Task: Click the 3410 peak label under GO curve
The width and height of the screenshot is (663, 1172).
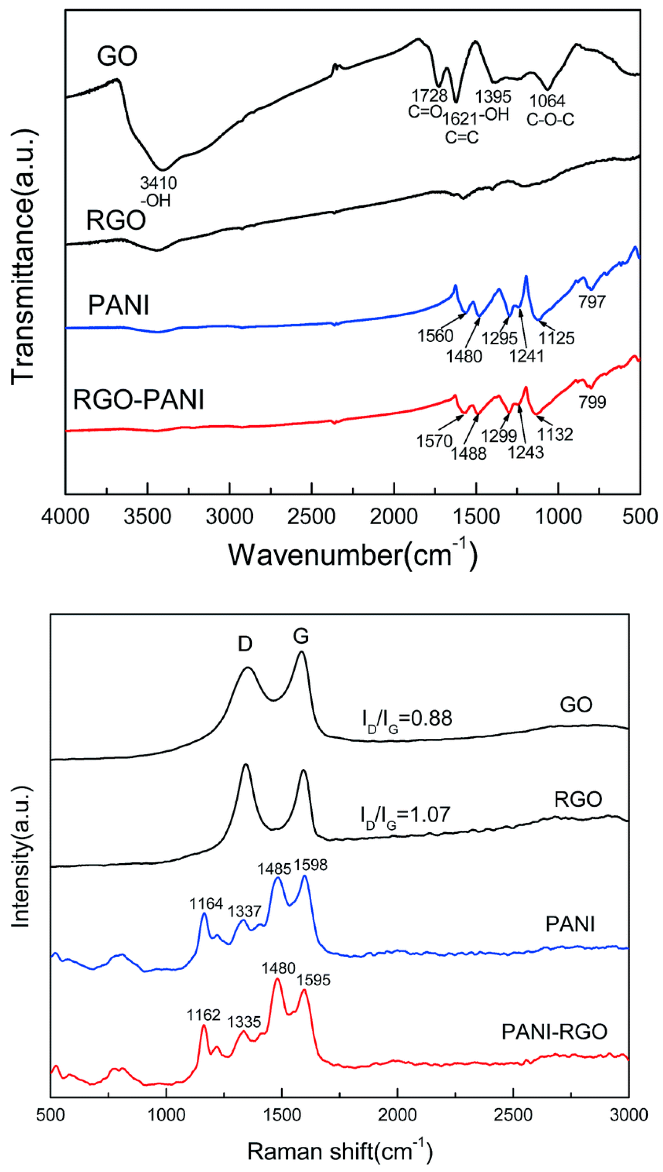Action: [x=158, y=183]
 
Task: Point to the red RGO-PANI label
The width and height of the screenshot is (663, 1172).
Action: [x=138, y=400]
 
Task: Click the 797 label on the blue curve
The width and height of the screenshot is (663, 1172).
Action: [x=592, y=301]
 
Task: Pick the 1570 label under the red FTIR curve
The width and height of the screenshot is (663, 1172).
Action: [x=434, y=441]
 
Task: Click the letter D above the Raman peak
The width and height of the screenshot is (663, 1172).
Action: [x=245, y=644]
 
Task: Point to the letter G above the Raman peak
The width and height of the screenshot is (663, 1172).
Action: [x=301, y=637]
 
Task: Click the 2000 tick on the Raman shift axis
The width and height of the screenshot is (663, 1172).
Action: [x=398, y=1115]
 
